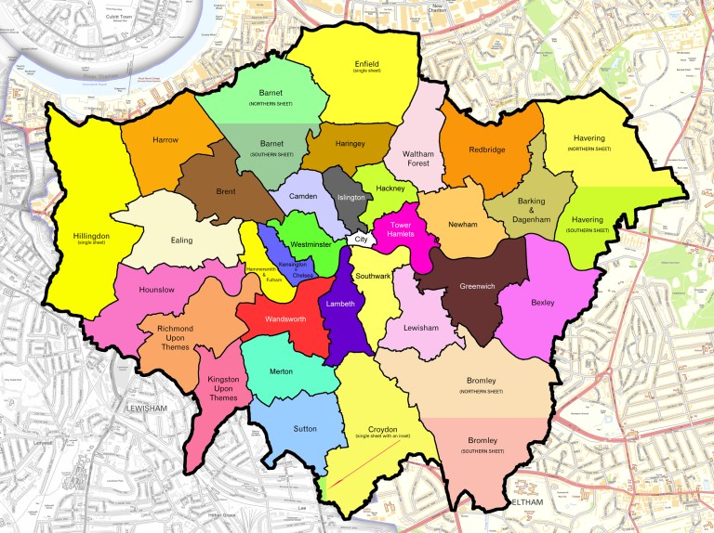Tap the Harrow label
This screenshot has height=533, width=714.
pos(165,139)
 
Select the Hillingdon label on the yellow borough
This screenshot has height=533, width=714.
pos(91,240)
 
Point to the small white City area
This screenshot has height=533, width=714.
pos(359,240)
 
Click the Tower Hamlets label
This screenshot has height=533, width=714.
pos(401,229)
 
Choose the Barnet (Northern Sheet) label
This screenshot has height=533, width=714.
pos(271,97)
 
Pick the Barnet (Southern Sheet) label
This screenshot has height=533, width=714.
pos(271,148)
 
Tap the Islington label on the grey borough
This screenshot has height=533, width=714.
pos(351,198)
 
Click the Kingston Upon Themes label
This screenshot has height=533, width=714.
pos(223,388)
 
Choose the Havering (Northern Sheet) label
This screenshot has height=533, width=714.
pos(588,143)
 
